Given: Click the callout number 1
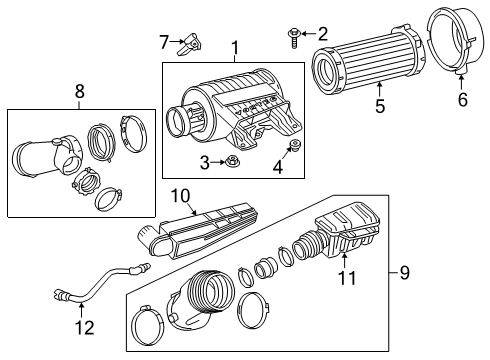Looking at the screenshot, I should click(x=235, y=48).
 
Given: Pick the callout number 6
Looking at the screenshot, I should click(x=461, y=100).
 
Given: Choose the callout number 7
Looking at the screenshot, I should click(x=165, y=41).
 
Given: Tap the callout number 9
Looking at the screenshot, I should click(x=403, y=270).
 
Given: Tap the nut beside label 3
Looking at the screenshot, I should click(x=230, y=162).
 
